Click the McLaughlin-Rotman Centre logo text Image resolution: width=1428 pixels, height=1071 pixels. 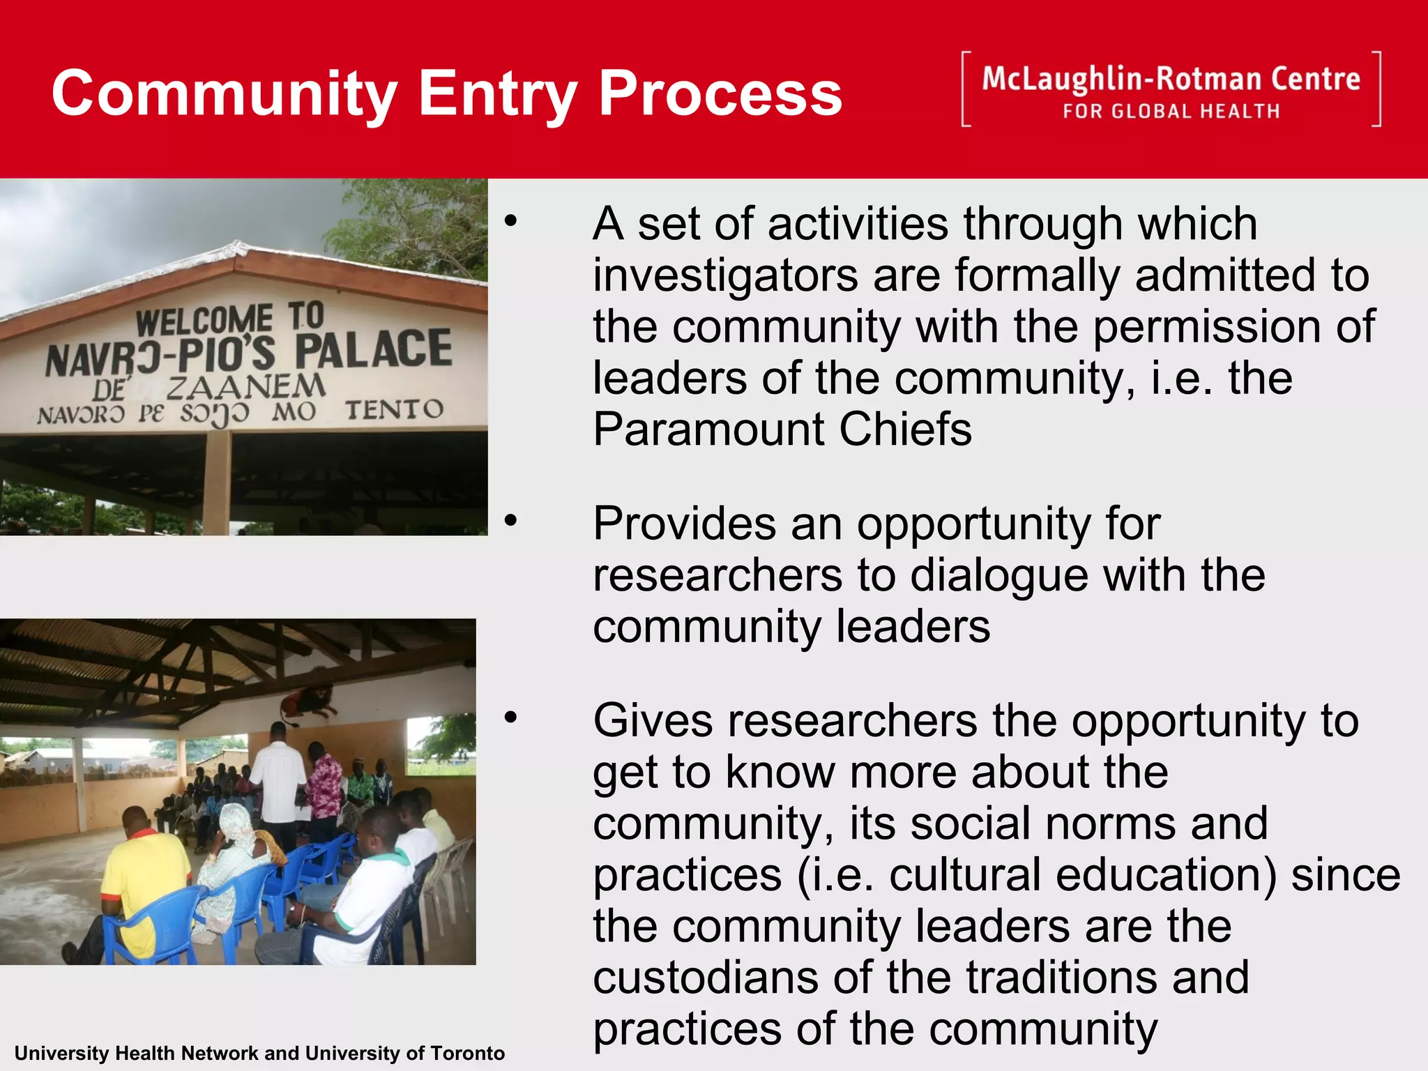(x=1171, y=79)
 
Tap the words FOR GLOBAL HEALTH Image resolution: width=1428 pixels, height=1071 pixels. (x=1171, y=112)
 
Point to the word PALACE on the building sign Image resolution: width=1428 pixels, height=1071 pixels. (x=374, y=349)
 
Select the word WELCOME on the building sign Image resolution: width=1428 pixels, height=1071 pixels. (x=204, y=321)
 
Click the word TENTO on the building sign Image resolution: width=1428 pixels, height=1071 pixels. (x=394, y=410)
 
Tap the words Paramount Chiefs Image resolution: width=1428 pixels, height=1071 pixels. (x=782, y=430)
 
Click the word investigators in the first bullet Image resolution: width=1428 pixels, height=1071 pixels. (x=725, y=275)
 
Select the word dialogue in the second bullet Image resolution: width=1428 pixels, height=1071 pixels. (x=998, y=576)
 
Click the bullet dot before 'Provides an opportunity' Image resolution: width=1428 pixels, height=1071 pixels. (x=511, y=520)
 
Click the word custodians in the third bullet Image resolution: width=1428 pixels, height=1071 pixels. (x=704, y=978)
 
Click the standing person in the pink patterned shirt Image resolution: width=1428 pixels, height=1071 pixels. (x=324, y=788)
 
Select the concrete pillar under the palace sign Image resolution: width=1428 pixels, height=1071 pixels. (x=217, y=481)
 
